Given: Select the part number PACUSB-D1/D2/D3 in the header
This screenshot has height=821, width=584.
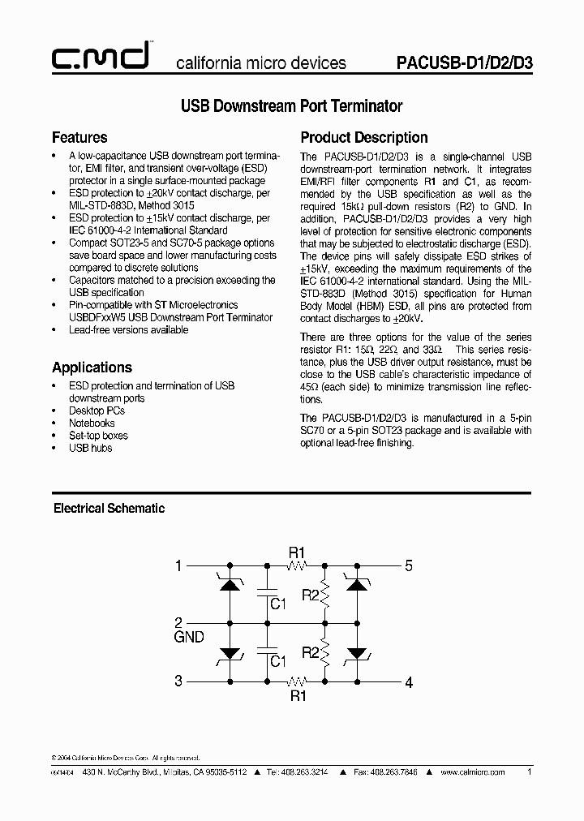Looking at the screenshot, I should tap(465, 62).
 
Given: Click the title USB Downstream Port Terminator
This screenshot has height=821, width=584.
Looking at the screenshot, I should tap(291, 106).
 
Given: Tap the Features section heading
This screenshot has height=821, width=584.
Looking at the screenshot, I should tap(79, 137).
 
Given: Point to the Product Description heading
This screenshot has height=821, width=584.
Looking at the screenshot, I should tap(364, 137).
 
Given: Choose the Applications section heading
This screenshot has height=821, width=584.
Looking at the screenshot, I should tap(92, 367).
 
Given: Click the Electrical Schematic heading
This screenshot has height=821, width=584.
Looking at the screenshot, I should tap(109, 509).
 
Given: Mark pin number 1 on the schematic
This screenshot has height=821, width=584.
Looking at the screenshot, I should tap(178, 566).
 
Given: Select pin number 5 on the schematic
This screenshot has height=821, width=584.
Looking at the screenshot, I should tap(409, 566).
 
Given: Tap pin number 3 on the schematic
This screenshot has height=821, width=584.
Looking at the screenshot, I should tap(178, 681).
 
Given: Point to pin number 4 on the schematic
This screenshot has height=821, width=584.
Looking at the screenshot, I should tap(409, 682).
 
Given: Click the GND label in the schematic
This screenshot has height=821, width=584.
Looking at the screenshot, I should tap(189, 638).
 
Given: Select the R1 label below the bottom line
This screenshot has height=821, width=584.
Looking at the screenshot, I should tap(298, 695).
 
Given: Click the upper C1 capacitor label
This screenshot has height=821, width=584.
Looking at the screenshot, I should tap(278, 604).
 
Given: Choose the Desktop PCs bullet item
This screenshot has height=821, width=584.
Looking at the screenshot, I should tap(97, 410).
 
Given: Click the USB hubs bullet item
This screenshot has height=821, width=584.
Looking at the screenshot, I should tap(90, 448).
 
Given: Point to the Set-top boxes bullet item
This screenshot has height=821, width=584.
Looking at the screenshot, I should tap(98, 436).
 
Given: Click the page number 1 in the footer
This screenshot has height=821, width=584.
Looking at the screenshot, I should tap(530, 773).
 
